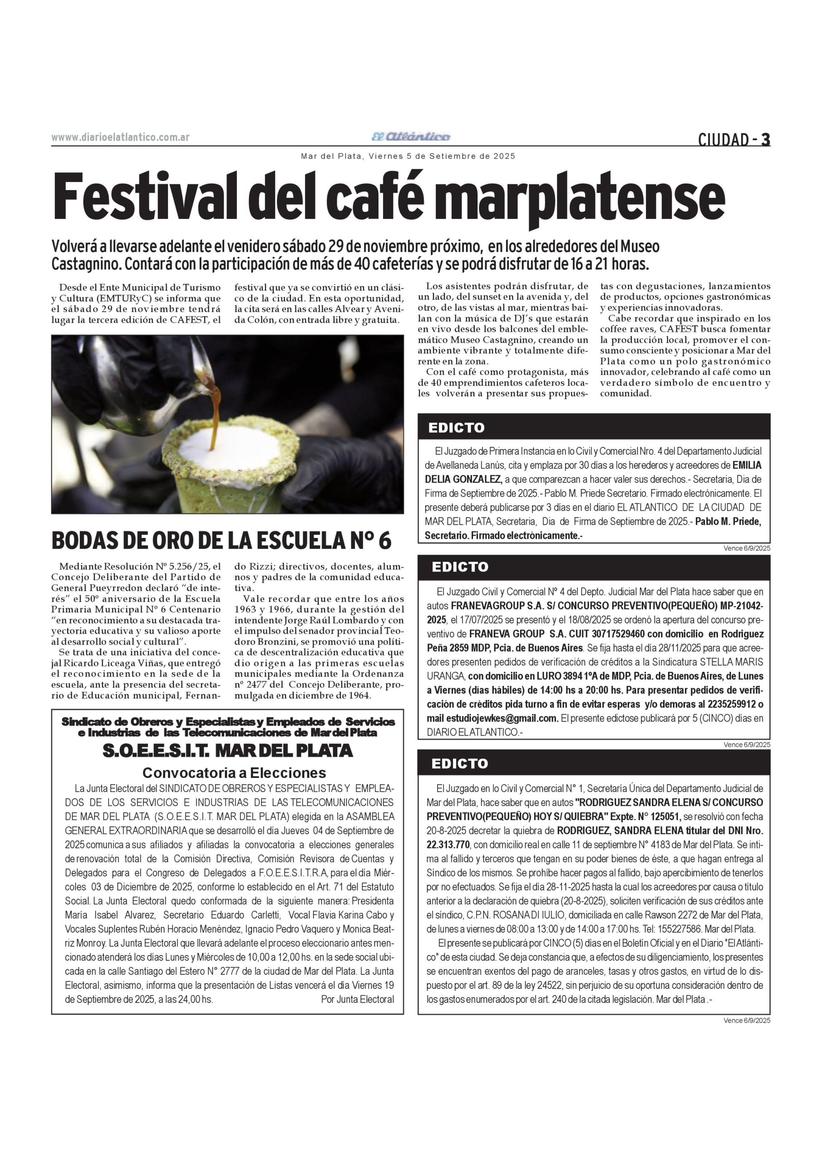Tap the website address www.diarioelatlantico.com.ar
point(120,137)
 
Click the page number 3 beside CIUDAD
point(766,139)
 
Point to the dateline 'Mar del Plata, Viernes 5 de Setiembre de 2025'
point(408,157)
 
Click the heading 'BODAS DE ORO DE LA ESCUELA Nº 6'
point(221,541)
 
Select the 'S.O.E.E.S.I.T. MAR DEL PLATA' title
point(227,751)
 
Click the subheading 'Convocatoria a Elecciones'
point(234,773)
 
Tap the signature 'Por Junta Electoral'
point(357,1000)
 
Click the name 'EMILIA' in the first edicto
point(747,465)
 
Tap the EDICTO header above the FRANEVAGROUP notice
point(460,567)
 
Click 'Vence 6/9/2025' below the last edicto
point(747,1020)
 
